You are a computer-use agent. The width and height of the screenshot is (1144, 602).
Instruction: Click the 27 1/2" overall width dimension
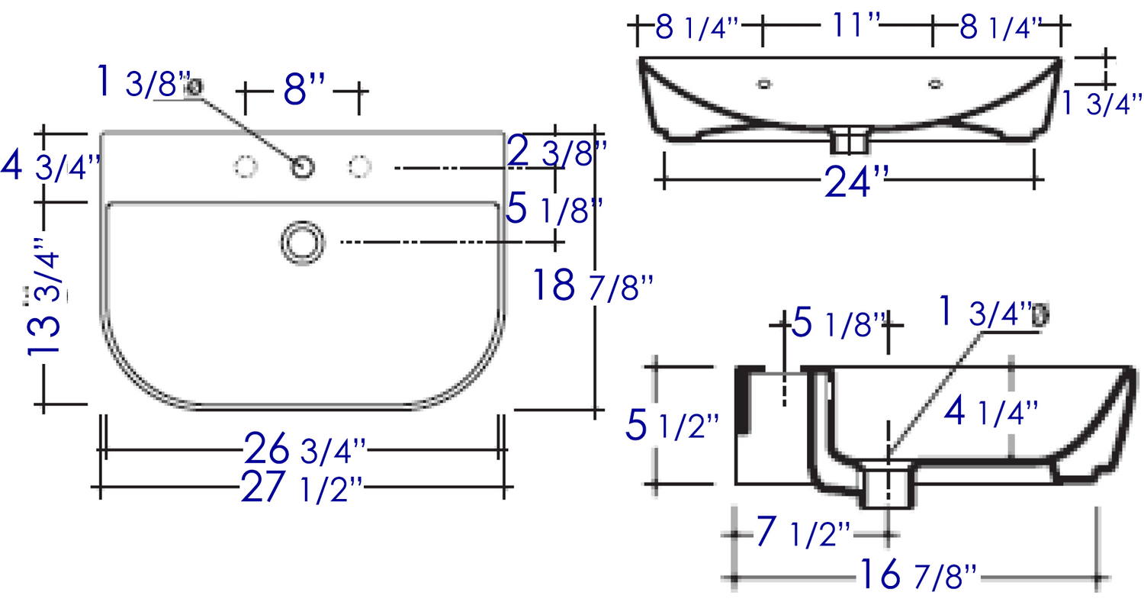coord(302,488)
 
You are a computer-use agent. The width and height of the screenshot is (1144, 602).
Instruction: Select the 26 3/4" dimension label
coord(305,449)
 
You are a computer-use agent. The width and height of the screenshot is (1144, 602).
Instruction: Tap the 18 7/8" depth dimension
coord(593,285)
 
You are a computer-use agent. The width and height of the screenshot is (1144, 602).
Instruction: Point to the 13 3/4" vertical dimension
coord(44,297)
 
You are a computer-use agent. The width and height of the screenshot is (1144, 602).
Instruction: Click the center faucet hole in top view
coord(302,167)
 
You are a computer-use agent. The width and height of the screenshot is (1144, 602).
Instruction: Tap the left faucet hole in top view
coord(245,166)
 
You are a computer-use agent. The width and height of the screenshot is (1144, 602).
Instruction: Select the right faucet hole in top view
coord(359,166)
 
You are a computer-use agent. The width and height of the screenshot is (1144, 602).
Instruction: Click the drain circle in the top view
coord(303,243)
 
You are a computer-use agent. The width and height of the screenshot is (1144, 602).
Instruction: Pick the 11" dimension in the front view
coord(856,24)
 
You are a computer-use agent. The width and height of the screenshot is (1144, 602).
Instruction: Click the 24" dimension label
coord(856,181)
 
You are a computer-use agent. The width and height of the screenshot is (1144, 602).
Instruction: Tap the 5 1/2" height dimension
coord(673,425)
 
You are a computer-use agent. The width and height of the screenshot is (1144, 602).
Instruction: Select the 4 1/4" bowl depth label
coord(991,411)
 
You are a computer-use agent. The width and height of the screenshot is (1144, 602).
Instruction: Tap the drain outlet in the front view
coord(849,140)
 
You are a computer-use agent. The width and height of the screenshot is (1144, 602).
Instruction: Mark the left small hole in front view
coord(764,84)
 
